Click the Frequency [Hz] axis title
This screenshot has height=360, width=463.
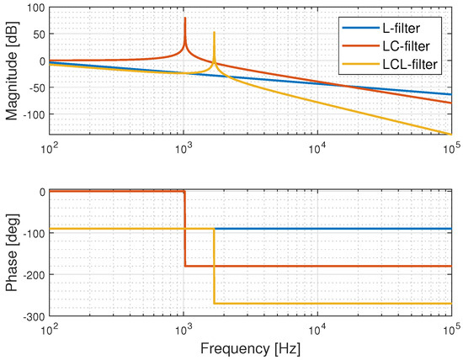point(251,347)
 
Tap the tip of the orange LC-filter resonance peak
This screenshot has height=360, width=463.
point(185,18)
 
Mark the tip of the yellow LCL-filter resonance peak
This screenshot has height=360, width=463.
point(215,33)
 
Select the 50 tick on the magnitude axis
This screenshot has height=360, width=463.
point(36,34)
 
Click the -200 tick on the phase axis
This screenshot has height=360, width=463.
point(30,274)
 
